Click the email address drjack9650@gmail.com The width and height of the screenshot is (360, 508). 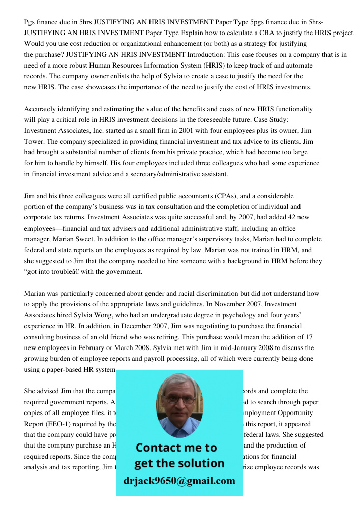click(179, 481)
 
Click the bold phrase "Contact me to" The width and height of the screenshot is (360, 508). click(176, 448)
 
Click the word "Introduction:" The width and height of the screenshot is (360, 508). click(204, 54)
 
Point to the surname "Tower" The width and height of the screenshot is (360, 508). click(34, 142)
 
